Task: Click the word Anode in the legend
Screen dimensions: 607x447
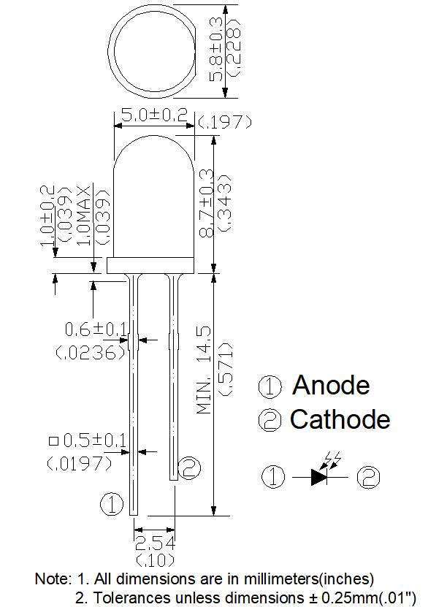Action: coord(331,385)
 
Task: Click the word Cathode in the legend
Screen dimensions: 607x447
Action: coord(340,419)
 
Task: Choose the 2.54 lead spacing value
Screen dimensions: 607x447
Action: coord(153,542)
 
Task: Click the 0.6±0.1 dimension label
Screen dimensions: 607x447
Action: coord(96,330)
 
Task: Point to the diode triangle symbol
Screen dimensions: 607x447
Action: coord(321,477)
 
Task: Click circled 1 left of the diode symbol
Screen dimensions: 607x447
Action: coord(274,477)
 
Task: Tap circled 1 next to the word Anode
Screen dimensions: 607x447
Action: coord(270,386)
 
